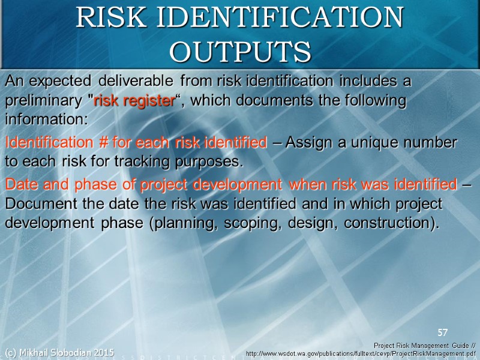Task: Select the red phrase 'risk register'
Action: click(x=133, y=101)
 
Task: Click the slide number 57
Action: click(x=443, y=332)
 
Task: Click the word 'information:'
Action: click(x=46, y=120)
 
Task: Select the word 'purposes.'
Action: click(x=208, y=162)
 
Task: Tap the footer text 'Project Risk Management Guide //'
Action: click(x=424, y=346)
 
